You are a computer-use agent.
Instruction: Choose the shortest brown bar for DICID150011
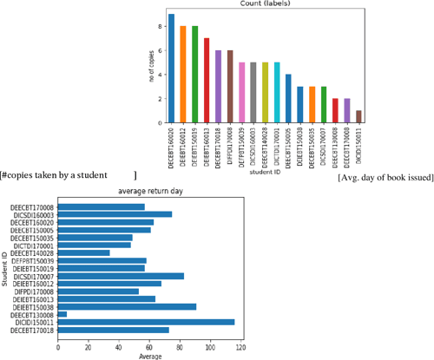(358, 116)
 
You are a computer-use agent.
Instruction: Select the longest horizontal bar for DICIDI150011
(147, 321)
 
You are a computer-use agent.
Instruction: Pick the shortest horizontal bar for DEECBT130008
(62, 313)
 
